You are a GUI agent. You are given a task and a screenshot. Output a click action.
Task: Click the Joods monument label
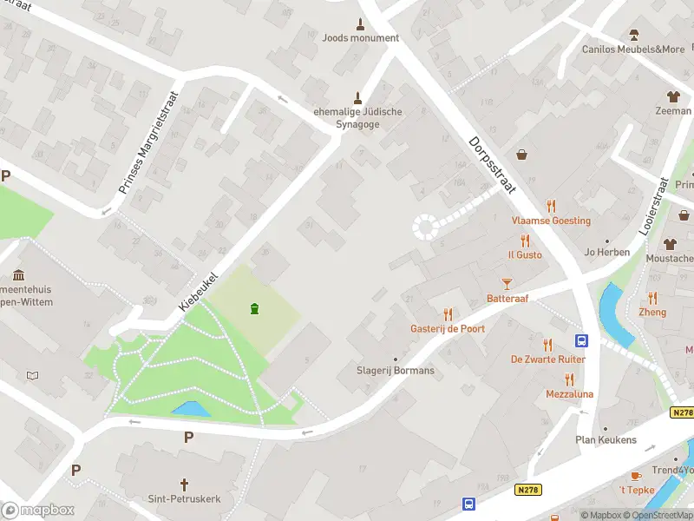coord(360,38)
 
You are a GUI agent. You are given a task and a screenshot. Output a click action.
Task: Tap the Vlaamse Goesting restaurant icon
coord(551,206)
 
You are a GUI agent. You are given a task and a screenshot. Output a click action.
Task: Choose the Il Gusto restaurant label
coord(525,254)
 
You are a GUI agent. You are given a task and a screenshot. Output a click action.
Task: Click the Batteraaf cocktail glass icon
coord(507,283)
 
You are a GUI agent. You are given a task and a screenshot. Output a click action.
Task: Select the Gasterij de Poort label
coord(448,328)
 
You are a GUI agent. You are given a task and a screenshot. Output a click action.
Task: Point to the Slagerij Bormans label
coord(396,370)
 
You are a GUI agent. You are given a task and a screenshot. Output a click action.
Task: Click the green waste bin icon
coord(254,308)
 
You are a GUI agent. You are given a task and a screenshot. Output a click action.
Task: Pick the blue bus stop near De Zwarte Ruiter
coord(581,341)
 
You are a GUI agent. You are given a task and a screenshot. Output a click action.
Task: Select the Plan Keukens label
coord(606,439)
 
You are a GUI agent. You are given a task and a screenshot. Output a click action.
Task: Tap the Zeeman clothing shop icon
coord(672,96)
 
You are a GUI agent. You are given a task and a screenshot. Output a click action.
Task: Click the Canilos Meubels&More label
coord(633,49)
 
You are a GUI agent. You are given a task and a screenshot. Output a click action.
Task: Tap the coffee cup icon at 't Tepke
coord(635,476)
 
